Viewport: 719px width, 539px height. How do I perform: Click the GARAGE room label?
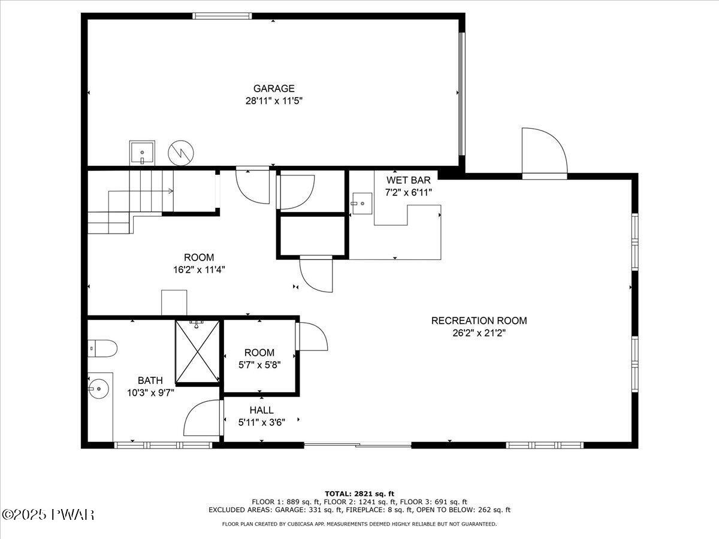(x=273, y=89)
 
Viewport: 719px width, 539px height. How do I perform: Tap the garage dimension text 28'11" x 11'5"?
(x=273, y=101)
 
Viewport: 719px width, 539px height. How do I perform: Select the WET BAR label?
(x=409, y=180)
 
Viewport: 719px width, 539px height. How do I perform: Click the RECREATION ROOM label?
(x=479, y=321)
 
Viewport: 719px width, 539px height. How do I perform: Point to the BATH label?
(x=150, y=380)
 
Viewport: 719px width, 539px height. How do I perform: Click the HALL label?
(x=261, y=410)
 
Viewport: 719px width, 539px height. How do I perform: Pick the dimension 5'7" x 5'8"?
(x=259, y=364)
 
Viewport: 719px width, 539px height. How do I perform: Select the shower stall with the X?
(x=197, y=352)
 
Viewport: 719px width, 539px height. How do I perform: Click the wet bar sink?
(x=361, y=203)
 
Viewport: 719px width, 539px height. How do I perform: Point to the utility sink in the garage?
(x=142, y=153)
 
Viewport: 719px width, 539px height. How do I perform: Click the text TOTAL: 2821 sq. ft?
(x=359, y=493)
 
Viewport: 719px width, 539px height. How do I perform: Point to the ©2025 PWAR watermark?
(x=48, y=514)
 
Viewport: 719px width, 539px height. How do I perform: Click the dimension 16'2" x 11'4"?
(x=199, y=269)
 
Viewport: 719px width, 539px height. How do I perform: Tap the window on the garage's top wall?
(x=214, y=16)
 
